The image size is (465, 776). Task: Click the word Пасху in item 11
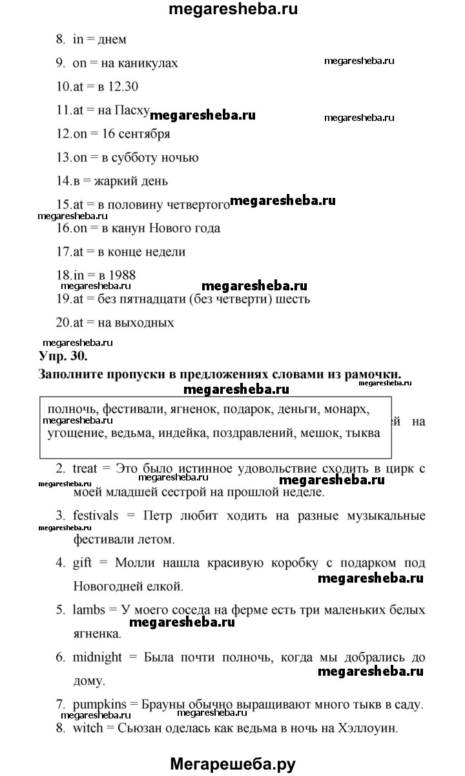pos(132,110)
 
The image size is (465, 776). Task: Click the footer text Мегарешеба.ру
pos(232,764)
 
